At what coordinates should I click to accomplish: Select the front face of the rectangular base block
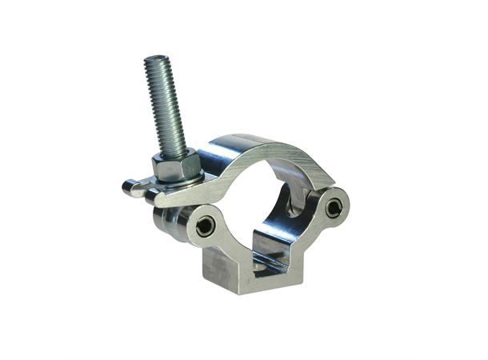click(240, 272)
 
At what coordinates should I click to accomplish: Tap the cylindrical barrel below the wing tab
click(165, 221)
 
